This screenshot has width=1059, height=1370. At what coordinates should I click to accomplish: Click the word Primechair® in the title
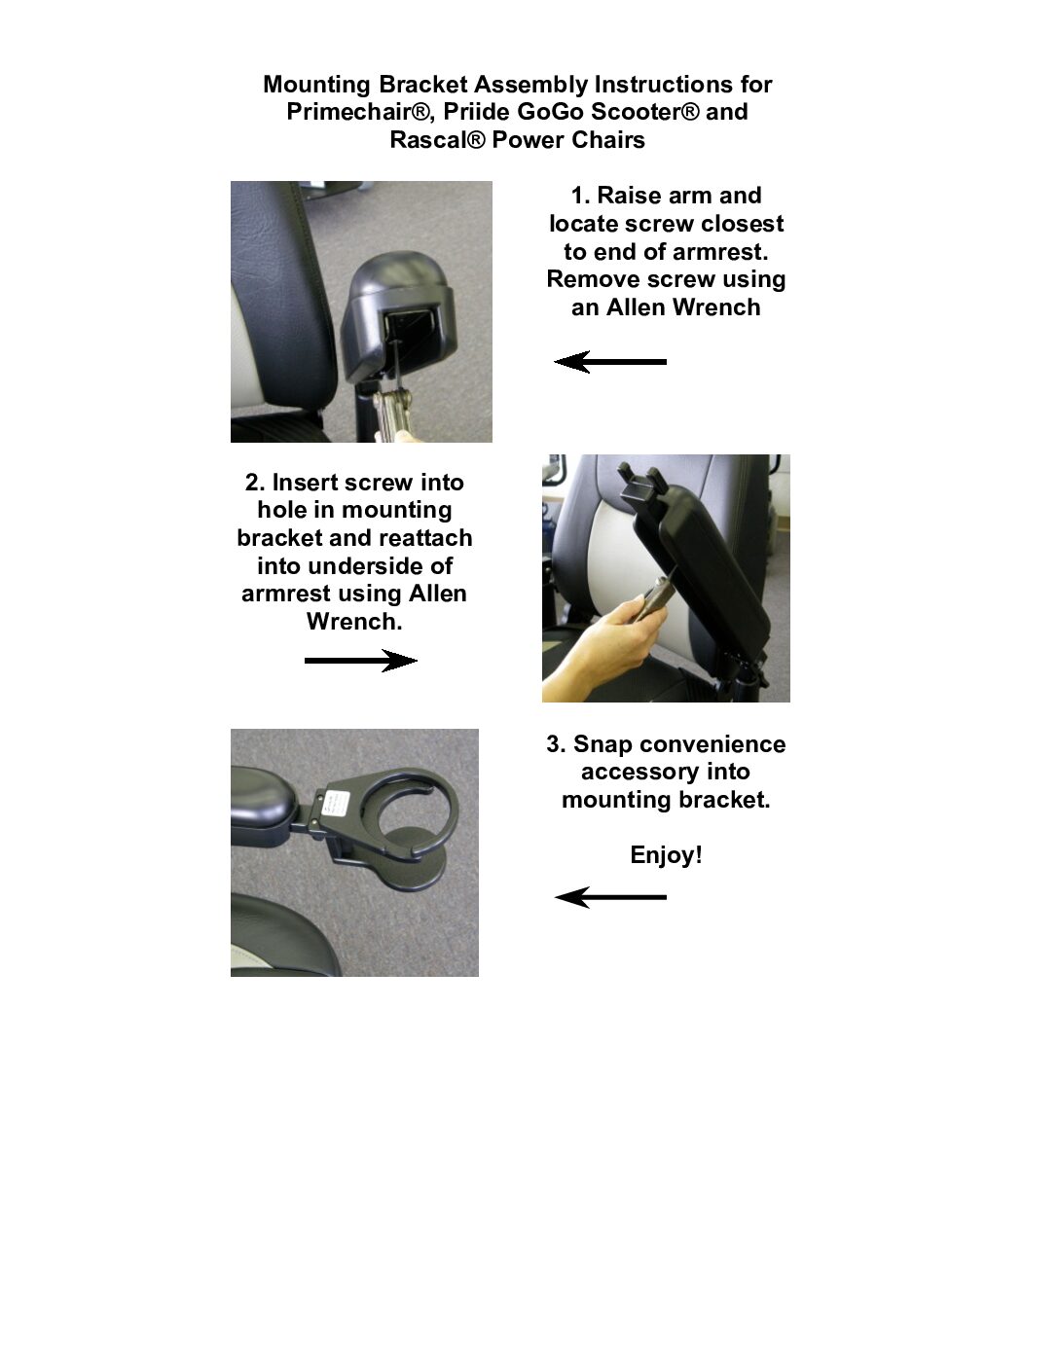[x=360, y=112]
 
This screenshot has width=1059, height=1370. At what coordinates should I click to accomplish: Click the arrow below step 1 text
[x=610, y=362]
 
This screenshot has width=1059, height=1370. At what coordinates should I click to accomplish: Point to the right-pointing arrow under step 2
[x=361, y=661]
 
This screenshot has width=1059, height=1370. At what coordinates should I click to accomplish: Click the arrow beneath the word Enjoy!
[x=610, y=897]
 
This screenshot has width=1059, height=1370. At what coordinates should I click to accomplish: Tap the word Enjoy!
[x=666, y=855]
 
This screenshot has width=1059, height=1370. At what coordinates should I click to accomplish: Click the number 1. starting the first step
[x=581, y=196]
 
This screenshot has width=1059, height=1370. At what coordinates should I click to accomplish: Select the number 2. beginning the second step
[x=255, y=483]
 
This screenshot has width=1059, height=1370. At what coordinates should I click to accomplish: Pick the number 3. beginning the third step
[x=557, y=744]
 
